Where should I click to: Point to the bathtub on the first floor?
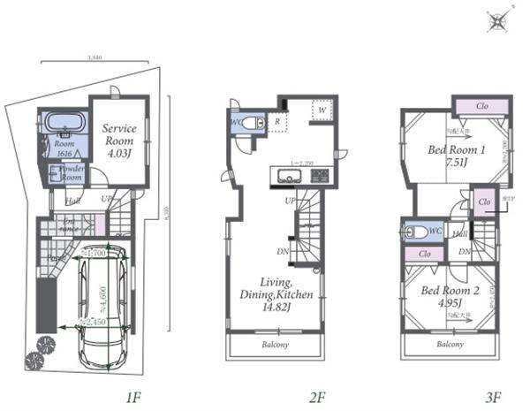61,121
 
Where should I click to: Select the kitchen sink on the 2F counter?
289,178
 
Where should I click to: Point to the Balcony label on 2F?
275,344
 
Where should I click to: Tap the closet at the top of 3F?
481,107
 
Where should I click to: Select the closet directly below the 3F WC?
425,254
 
